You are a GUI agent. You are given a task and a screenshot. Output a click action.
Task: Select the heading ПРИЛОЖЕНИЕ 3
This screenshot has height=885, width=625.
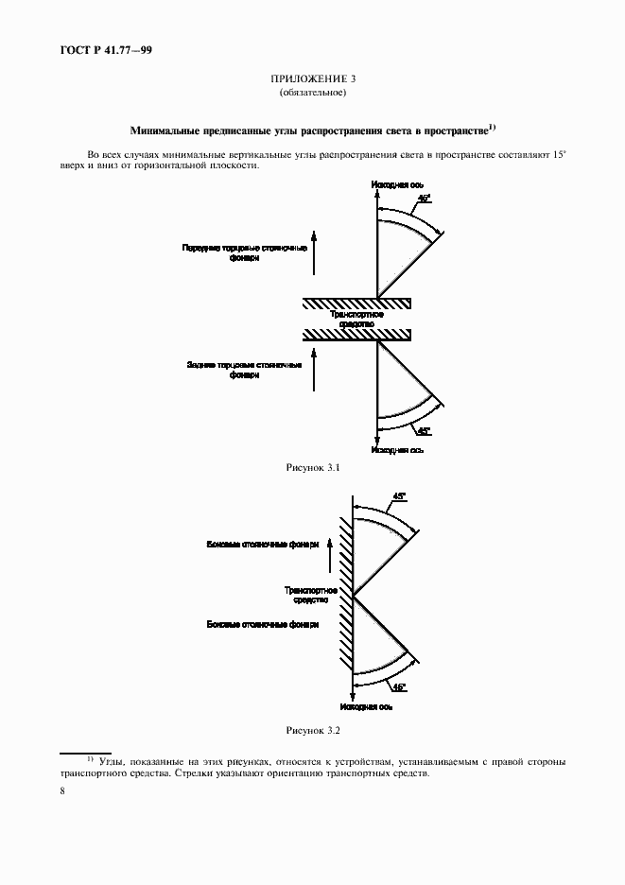point(312,80)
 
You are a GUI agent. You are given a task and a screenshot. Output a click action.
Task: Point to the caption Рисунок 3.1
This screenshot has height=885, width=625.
point(312,468)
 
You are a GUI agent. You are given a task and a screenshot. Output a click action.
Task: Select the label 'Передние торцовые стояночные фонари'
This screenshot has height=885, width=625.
point(245,252)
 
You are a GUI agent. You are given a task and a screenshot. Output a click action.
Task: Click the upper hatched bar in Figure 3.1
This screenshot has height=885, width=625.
point(356,303)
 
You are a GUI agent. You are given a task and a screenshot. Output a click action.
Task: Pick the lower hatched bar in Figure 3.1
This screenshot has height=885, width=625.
point(356,335)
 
